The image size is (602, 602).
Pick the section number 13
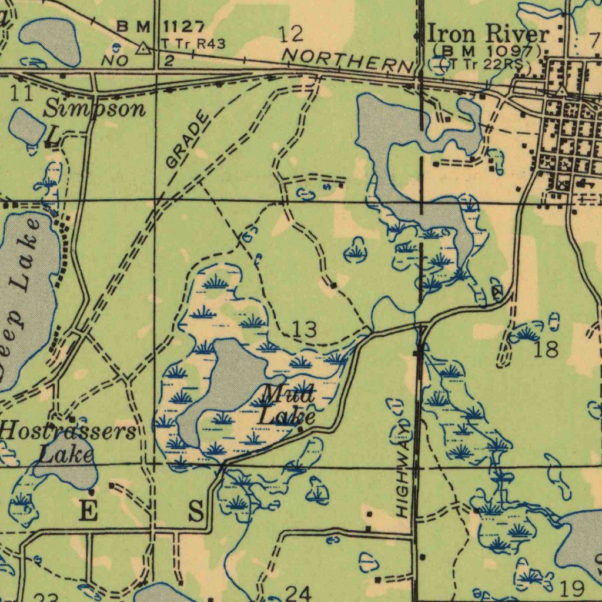click(305, 329)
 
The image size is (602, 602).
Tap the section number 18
click(547, 349)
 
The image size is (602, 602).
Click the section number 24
click(298, 593)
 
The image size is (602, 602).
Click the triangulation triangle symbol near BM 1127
click(142, 48)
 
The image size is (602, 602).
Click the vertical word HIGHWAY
click(402, 470)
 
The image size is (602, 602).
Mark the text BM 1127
click(160, 26)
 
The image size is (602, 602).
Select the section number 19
click(572, 587)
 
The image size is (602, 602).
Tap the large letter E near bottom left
click(88, 511)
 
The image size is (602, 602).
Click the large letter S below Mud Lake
click(196, 511)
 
